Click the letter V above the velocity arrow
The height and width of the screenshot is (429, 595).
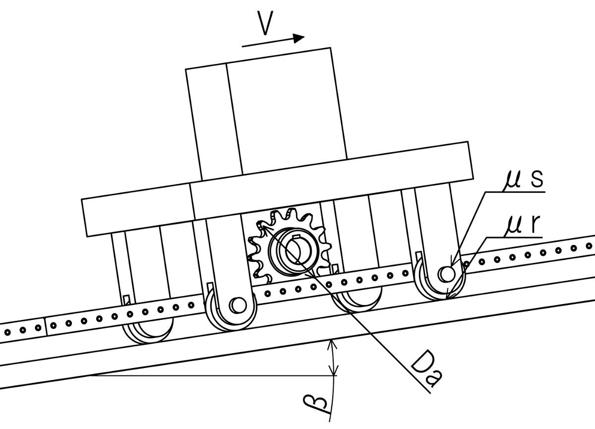(x=265, y=23)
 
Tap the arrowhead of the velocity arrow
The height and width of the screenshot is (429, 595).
(x=298, y=38)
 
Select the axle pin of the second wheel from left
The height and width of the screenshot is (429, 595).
(x=238, y=305)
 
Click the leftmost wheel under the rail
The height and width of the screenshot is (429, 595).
(x=148, y=330)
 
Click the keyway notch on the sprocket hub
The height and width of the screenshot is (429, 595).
(x=296, y=237)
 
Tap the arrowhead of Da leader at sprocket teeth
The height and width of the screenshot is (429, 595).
(x=264, y=229)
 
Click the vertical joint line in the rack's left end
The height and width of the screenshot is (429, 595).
(x=46, y=326)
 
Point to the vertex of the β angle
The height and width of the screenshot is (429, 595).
(x=90, y=376)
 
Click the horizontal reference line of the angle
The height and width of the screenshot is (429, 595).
(x=213, y=376)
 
